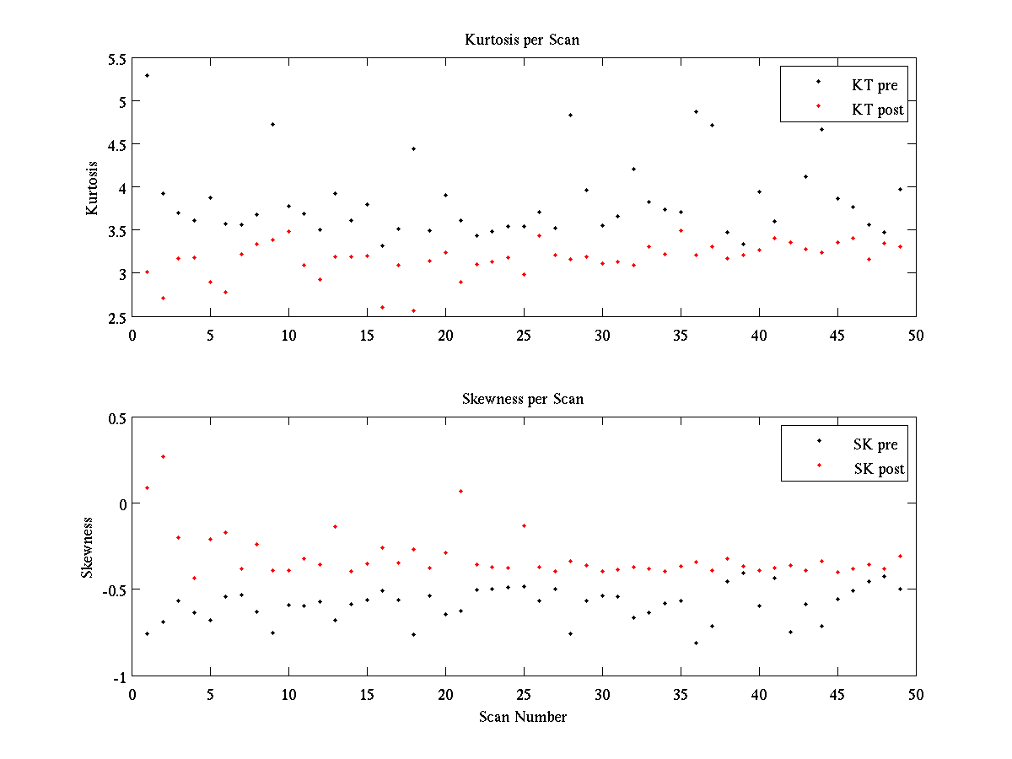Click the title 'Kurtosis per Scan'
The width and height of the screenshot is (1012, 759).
click(x=522, y=40)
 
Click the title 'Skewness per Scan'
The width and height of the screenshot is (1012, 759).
click(x=522, y=398)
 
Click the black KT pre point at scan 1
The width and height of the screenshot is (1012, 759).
click(x=147, y=75)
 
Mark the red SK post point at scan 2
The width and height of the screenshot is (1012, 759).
click(x=163, y=456)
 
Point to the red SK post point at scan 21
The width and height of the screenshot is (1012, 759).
click(x=460, y=491)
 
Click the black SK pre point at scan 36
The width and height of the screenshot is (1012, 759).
click(x=696, y=643)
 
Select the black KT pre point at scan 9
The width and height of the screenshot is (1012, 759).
click(x=272, y=124)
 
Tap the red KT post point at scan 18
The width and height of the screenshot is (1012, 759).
click(x=413, y=310)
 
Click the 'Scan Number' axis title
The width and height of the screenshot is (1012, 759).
click(x=522, y=717)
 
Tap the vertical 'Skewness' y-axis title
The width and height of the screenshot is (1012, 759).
click(x=88, y=546)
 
